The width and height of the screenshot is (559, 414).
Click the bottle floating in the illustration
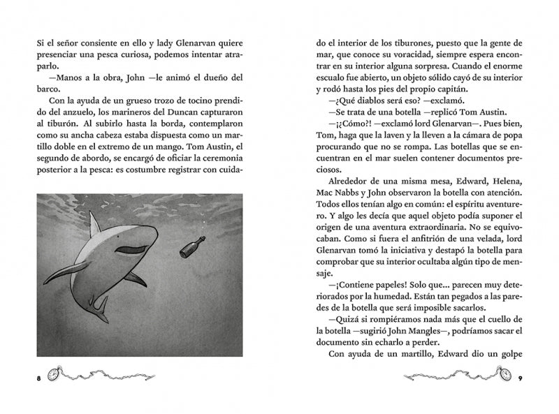[x=193, y=247]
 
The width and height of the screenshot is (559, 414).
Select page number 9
[x=521, y=378]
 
